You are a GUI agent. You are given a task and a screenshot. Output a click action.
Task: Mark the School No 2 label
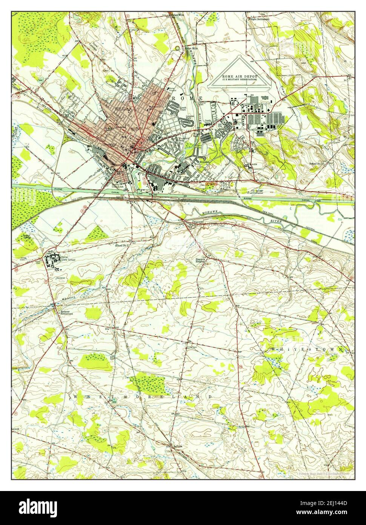[122, 246]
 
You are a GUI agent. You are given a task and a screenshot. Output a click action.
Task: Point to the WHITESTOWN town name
[308, 350]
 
